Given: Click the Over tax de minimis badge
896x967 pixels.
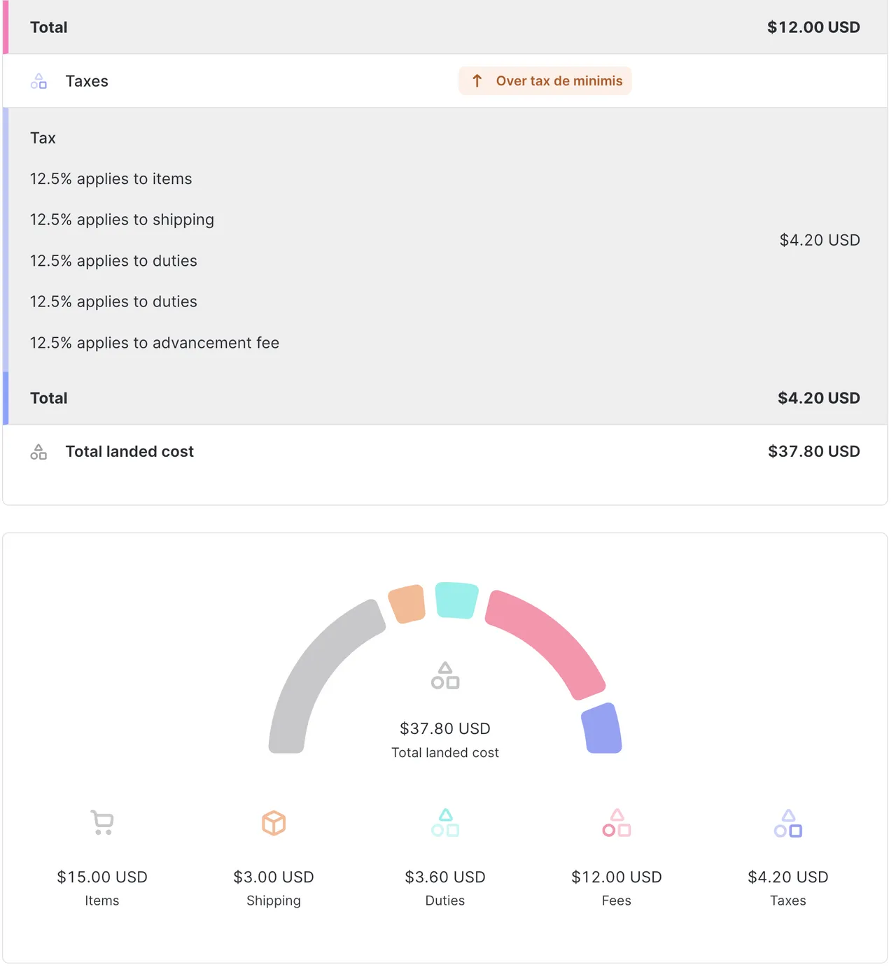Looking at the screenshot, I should point(545,81).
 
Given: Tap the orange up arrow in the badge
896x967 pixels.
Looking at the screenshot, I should point(477,81).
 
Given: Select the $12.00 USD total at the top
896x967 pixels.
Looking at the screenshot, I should point(813,27).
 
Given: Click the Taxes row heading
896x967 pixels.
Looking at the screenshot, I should point(87,81).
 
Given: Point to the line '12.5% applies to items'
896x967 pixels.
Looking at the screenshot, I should point(111,179).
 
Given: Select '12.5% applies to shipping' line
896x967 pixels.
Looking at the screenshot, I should point(122,220).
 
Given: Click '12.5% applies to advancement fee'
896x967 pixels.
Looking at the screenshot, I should point(154,343).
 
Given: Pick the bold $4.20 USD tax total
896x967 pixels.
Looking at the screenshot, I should point(818,398).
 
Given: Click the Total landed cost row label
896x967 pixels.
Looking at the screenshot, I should point(129,452).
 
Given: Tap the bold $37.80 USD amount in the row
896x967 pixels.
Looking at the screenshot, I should point(813,452).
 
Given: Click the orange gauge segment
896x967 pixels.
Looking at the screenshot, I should point(407,604).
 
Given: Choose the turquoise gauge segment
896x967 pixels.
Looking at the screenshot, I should point(456,600).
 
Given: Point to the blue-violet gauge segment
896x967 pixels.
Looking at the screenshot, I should point(603,729).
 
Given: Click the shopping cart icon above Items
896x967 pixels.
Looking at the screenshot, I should point(102,822).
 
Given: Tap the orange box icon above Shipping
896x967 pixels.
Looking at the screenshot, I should point(274,823).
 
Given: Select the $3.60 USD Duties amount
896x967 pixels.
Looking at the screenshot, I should point(445,877).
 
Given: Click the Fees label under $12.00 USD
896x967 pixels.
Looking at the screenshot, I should point(616,901).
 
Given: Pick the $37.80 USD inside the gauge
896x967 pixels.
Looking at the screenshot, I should point(445,729).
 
